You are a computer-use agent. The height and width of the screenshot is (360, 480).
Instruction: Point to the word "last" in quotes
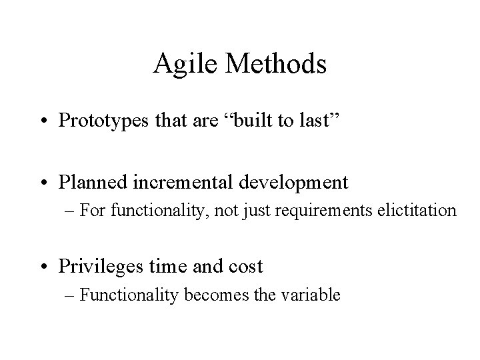[x=323, y=121]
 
